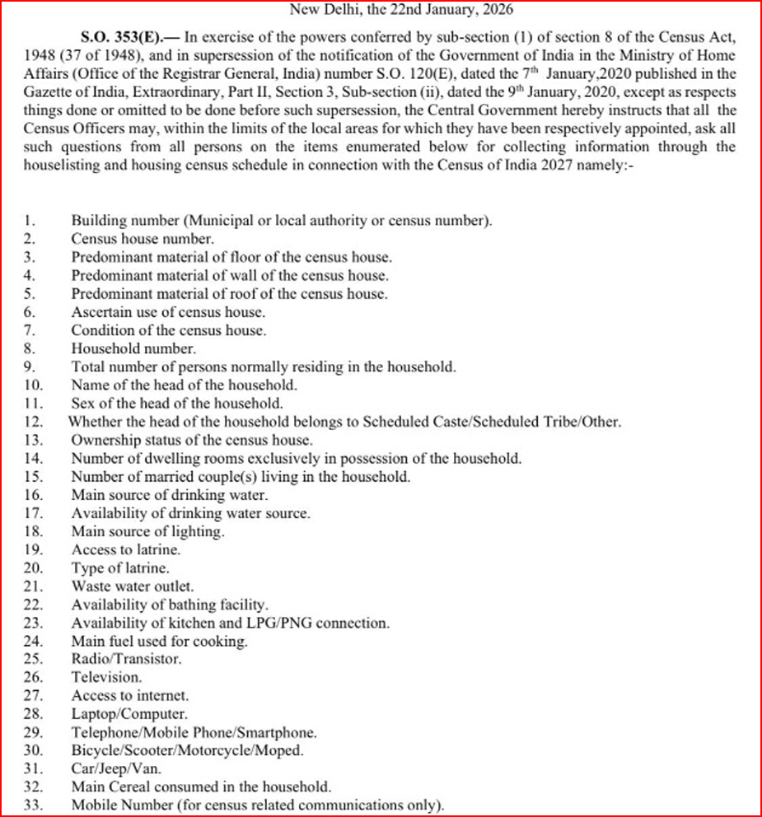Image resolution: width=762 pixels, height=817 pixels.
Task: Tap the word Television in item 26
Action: click(106, 677)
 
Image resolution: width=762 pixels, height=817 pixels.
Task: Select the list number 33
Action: click(33, 804)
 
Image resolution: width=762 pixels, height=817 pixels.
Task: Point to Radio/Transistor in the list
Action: click(126, 659)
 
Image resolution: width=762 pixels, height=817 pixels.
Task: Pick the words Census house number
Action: click(143, 239)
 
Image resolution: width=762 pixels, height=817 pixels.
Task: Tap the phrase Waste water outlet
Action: click(133, 586)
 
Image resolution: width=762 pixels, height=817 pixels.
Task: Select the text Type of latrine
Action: click(121, 568)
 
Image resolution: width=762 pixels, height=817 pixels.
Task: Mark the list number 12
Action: click(33, 422)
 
